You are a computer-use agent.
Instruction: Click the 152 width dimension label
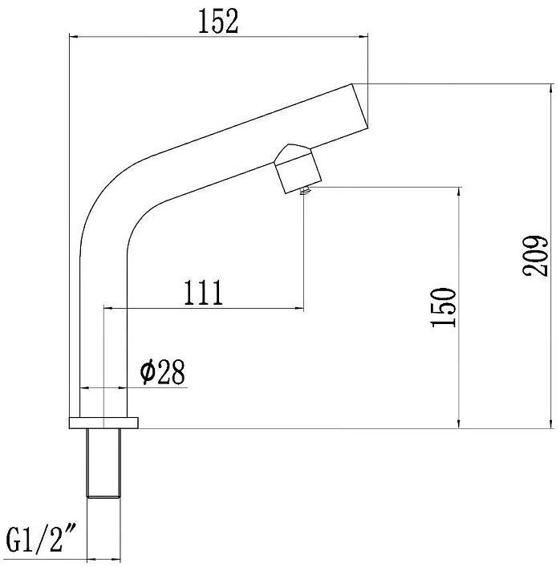(x=218, y=21)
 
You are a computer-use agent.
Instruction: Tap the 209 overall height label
(x=535, y=256)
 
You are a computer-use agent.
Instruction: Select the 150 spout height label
(x=443, y=307)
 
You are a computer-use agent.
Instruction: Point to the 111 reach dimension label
(x=203, y=292)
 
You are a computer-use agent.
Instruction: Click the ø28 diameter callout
(x=163, y=372)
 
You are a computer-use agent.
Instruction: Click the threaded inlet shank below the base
(x=103, y=464)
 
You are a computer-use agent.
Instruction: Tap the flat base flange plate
(x=103, y=423)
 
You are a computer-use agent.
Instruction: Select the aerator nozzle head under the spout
(x=298, y=169)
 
